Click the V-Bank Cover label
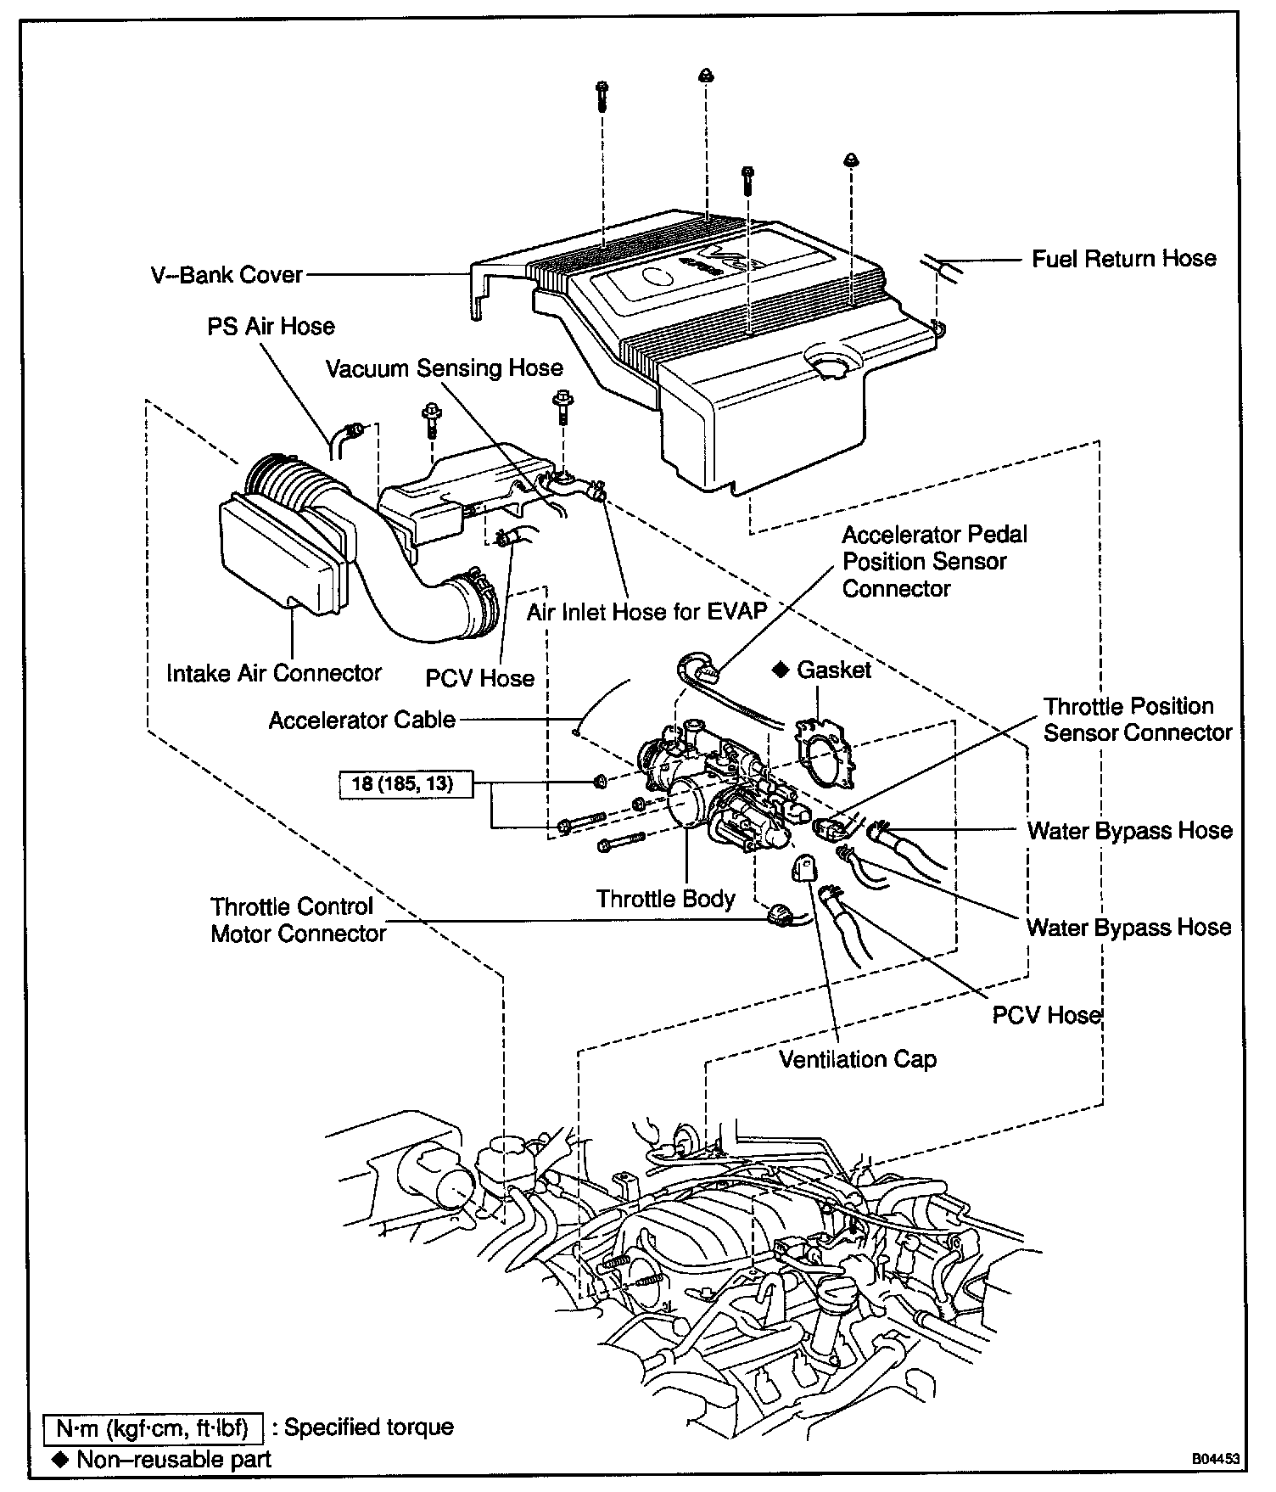point(227,275)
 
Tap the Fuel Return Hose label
point(1123,259)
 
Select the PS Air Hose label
point(271,327)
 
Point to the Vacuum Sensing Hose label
point(445,368)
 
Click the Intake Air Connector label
point(273,673)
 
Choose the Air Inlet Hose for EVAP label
point(646,612)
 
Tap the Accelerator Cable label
point(361,721)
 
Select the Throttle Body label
point(665,899)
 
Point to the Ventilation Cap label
point(858,1059)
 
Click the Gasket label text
point(833,670)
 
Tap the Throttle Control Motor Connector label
point(298,920)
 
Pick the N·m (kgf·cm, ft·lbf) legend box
point(154,1427)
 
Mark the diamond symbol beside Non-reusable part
point(59,1459)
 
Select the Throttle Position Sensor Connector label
point(1137,720)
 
